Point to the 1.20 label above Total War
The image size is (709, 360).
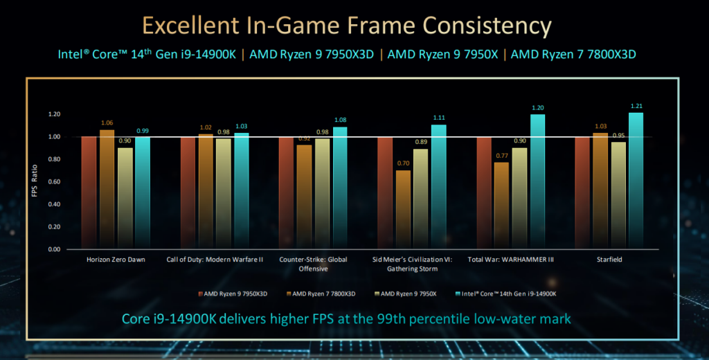[537, 108]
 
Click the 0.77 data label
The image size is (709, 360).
[502, 156]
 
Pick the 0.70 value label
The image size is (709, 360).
[403, 164]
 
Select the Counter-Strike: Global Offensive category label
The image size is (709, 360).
[313, 264]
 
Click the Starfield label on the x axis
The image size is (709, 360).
[609, 260]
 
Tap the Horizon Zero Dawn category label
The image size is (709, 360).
[116, 260]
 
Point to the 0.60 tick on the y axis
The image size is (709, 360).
[53, 182]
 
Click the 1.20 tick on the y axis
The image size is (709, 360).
[53, 114]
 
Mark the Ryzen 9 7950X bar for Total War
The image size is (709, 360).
[519, 198]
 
